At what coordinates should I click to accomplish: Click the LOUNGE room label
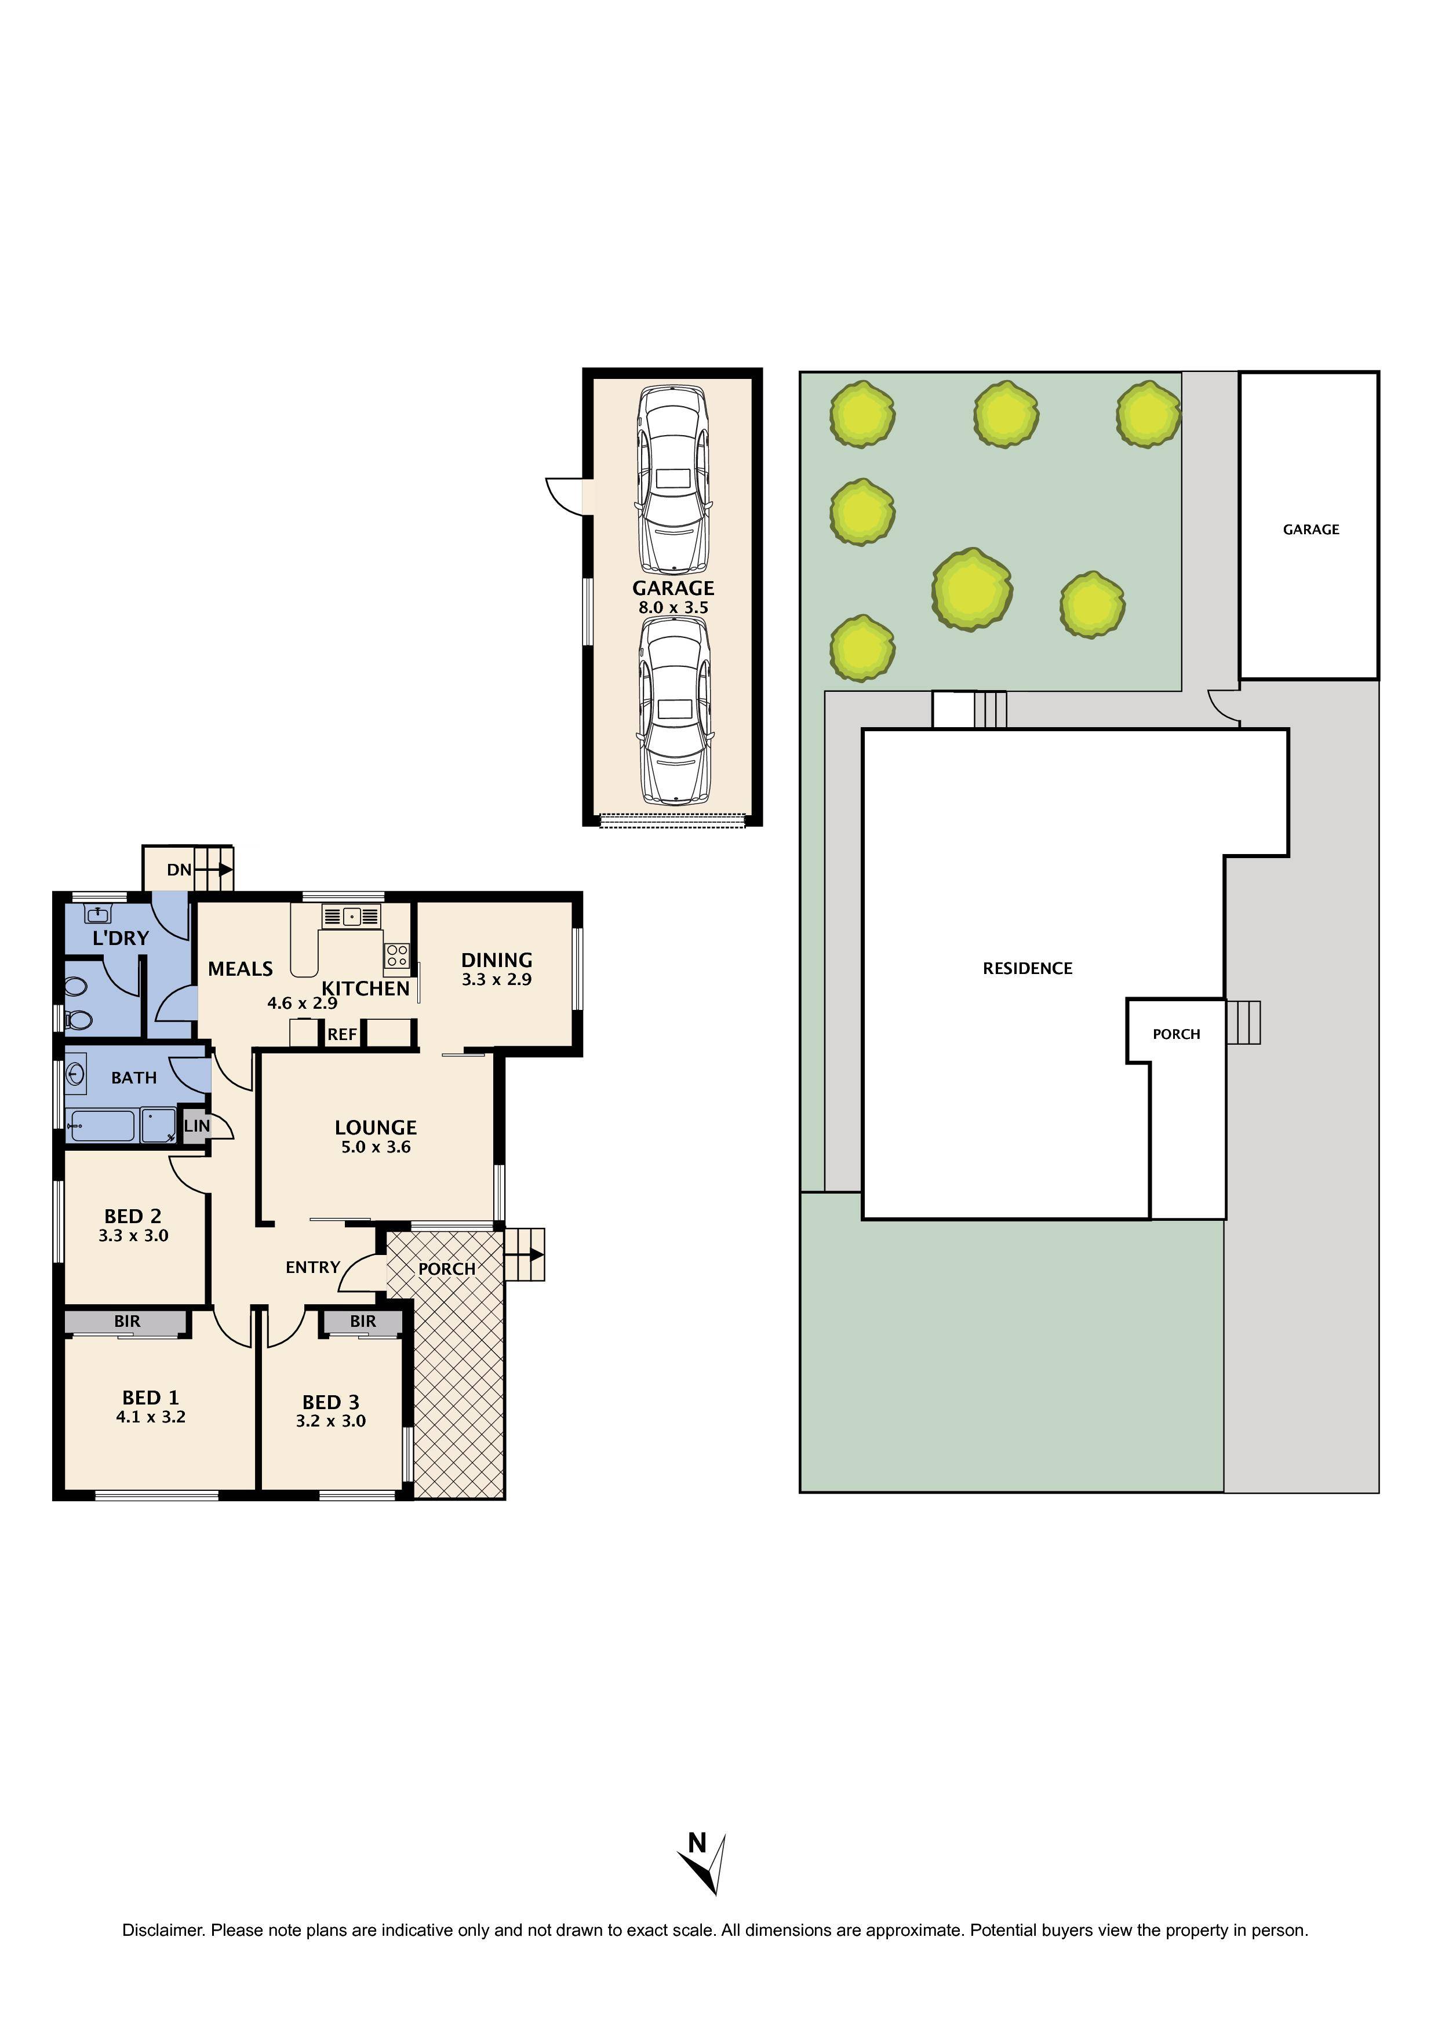coord(376,1128)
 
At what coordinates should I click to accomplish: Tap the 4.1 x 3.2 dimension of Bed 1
coord(151,1417)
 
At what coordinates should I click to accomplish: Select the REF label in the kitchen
coord(342,1035)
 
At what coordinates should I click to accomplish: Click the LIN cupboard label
coord(196,1126)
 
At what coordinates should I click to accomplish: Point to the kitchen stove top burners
coord(396,955)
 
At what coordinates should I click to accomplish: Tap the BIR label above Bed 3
coord(363,1321)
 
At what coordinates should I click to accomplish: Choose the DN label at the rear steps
coord(179,870)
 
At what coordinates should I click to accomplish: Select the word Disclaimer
coord(162,1930)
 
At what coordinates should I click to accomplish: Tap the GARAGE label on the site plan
coord(1310,529)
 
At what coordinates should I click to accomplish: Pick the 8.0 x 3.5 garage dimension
coord(673,608)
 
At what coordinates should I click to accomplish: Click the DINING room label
coord(497,960)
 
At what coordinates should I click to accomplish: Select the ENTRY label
coord(312,1267)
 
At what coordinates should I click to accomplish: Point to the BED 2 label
coord(133,1216)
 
